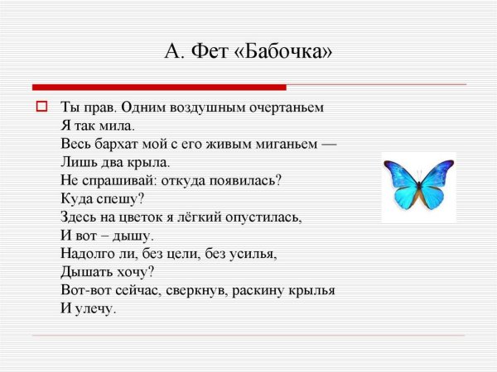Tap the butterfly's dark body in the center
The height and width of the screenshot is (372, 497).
418,186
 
